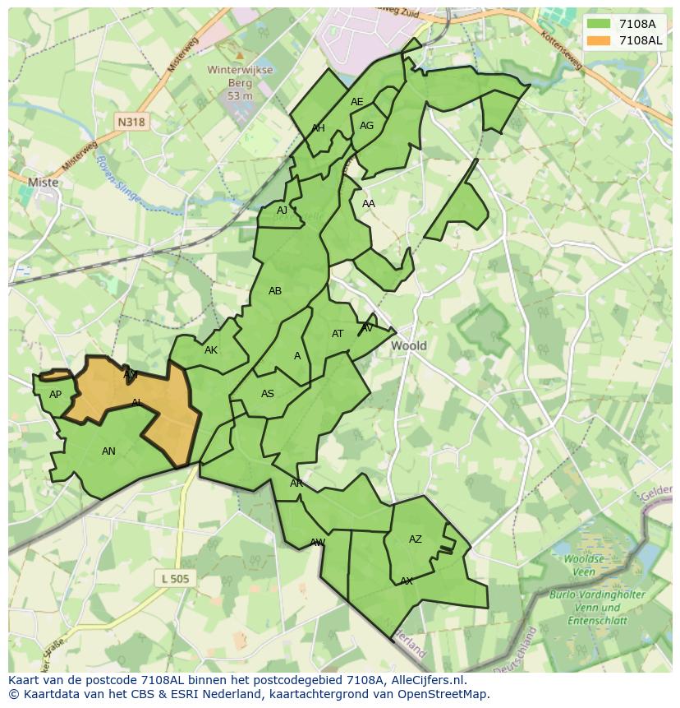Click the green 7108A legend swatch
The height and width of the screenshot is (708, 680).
coord(599,24)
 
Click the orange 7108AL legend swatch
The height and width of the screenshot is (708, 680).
coord(599,40)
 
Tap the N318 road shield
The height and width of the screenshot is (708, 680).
coord(131,122)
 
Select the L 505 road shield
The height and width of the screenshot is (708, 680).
coord(175,579)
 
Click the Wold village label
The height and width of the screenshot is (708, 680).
coord(408,345)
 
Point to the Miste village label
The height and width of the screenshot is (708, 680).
coord(43,183)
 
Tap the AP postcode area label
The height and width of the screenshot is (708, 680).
coord(55,395)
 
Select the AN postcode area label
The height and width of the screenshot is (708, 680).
coord(108,451)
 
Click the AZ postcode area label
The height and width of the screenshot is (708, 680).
coord(416,539)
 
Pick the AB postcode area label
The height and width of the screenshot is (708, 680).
coord(275,291)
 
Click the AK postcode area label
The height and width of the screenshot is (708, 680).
coord(211,350)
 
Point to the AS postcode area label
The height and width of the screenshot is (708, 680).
coord(268,394)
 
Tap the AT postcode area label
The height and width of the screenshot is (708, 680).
coord(338,334)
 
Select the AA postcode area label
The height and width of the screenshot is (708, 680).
coord(369,204)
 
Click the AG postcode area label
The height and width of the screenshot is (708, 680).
coord(366,126)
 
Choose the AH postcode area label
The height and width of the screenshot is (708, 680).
coord(318,128)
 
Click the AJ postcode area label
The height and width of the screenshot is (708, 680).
coord(282,211)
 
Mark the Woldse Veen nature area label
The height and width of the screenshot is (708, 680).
coord(584,565)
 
